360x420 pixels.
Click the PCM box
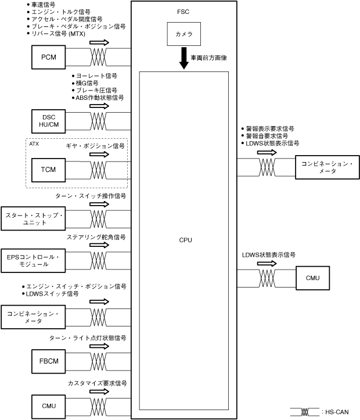(x=49, y=56)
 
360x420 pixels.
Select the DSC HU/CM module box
(x=49, y=121)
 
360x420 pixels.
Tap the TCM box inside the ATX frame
(x=49, y=170)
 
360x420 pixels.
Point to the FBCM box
(x=49, y=361)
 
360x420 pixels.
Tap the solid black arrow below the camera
(x=183, y=59)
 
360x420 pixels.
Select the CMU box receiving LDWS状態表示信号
(x=312, y=277)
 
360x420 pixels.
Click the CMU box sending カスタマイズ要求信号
(x=49, y=405)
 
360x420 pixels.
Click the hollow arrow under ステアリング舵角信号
(x=99, y=245)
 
